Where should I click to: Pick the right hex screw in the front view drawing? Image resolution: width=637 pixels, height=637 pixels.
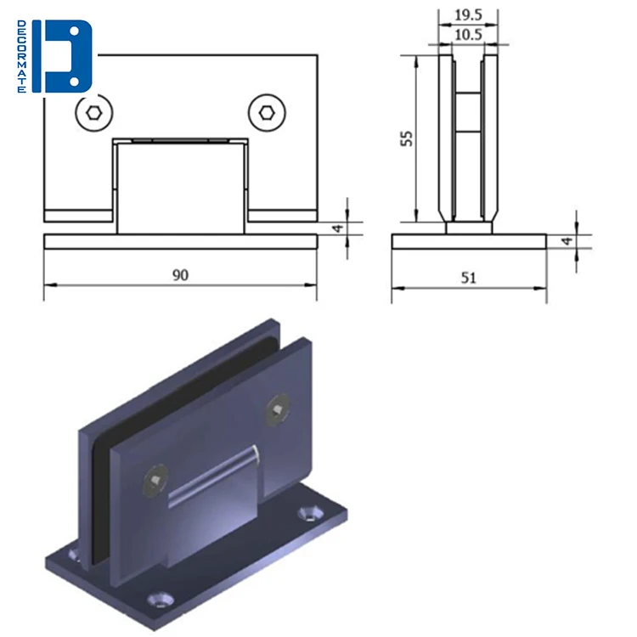click(x=266, y=113)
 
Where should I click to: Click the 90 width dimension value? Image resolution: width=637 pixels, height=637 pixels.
click(x=180, y=274)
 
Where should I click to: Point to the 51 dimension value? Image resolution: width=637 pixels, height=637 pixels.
click(x=469, y=277)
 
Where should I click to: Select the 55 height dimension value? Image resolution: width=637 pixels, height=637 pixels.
click(x=407, y=138)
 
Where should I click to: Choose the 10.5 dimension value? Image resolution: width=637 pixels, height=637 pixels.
click(x=468, y=35)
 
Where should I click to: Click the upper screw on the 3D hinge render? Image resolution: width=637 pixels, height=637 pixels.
click(x=278, y=411)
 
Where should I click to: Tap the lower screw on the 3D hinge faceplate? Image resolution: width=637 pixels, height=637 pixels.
click(x=154, y=481)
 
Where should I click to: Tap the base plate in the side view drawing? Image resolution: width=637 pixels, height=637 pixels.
click(x=469, y=242)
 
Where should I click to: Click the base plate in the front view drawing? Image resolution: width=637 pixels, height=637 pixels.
click(x=180, y=241)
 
